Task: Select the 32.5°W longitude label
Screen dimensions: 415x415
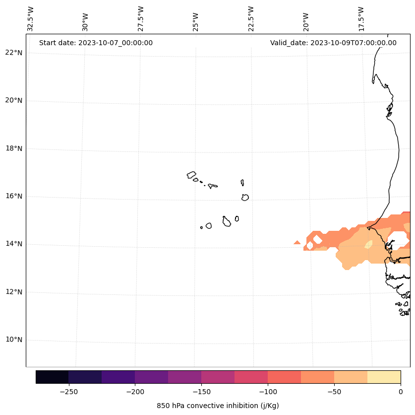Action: point(31,19)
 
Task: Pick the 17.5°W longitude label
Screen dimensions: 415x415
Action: point(361,19)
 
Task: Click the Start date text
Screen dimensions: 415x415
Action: point(96,43)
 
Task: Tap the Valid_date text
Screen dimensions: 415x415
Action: point(333,43)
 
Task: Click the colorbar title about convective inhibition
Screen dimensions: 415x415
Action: point(218,406)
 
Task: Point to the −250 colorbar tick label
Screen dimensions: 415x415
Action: point(68,392)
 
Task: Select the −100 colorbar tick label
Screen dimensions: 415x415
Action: point(268,392)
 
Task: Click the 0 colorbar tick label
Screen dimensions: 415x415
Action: point(400,392)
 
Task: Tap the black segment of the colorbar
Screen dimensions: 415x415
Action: point(52,377)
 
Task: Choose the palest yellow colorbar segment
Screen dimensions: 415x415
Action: point(384,377)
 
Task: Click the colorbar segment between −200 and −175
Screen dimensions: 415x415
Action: point(151,377)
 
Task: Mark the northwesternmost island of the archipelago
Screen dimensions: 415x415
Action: point(191,175)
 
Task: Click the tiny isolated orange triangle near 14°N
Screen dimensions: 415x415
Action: point(297,242)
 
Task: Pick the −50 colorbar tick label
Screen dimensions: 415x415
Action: point(334,392)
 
